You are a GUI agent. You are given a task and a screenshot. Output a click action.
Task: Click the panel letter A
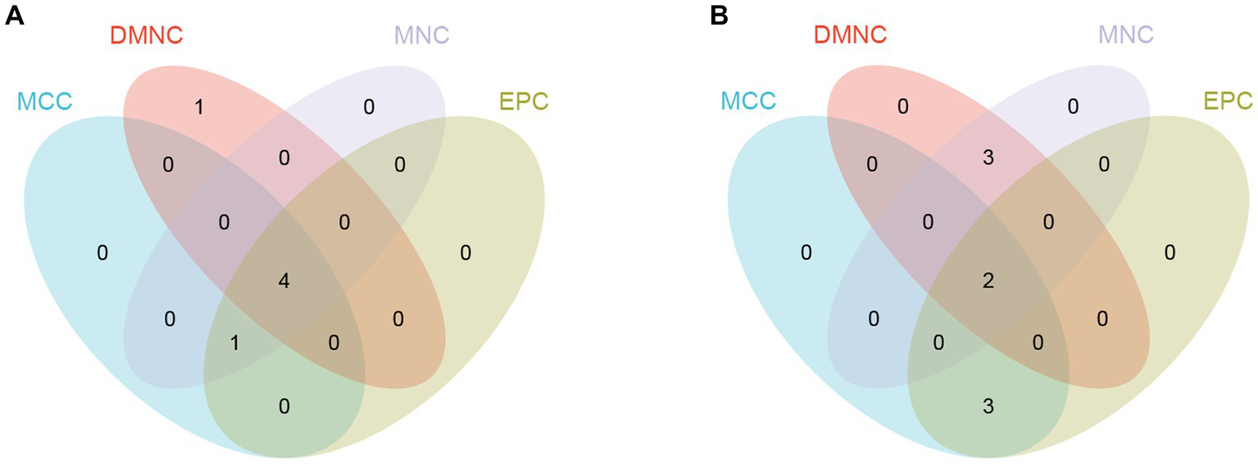[x=14, y=16]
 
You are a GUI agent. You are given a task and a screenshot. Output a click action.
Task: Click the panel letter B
[x=718, y=16]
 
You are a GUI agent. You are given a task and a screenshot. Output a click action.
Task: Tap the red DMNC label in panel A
[x=146, y=35]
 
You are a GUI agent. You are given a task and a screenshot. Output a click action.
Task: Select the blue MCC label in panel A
[x=44, y=102]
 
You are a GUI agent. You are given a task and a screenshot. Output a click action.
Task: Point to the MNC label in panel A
[x=421, y=35]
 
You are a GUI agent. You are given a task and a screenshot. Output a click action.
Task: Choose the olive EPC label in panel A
[x=523, y=102]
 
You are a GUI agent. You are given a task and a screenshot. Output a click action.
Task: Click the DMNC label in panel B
[x=850, y=35]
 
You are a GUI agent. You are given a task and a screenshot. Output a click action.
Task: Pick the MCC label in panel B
[x=748, y=102]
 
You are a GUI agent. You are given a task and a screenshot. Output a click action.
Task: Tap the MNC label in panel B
[x=1125, y=35]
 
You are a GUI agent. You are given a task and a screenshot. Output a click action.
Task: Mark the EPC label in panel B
[x=1227, y=102]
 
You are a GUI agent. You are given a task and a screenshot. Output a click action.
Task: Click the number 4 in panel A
[x=284, y=281]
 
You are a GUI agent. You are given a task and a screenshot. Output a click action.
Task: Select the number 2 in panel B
[x=988, y=281]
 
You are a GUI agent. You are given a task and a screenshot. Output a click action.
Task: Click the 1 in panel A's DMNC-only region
[x=199, y=107]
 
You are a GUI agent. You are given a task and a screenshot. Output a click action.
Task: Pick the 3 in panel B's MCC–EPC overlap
[x=988, y=406]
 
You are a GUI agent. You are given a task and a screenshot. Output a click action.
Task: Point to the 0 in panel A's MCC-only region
[x=102, y=252]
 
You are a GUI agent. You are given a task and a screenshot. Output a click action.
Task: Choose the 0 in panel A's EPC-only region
[x=465, y=252]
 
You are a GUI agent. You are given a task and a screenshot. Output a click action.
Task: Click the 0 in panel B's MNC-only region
[x=1073, y=107]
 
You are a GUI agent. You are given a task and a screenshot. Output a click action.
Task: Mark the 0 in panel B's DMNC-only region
[x=903, y=107]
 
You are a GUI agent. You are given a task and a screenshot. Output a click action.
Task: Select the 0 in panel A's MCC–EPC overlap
[x=284, y=406]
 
